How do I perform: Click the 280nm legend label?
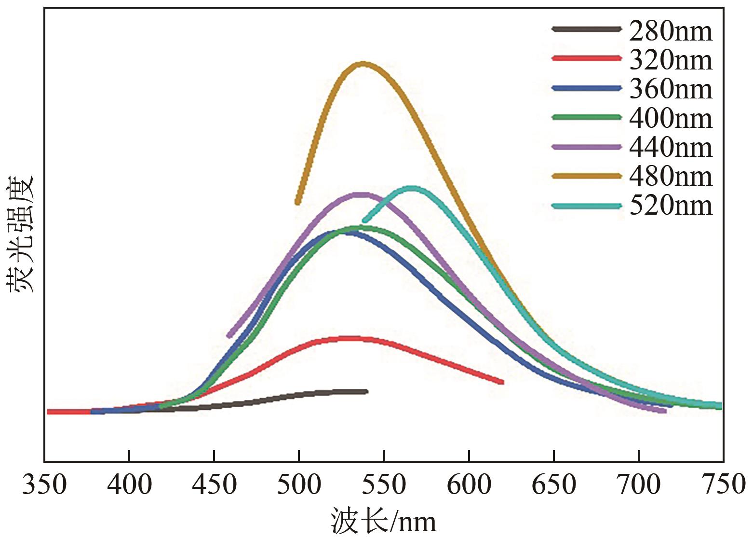click(x=671, y=31)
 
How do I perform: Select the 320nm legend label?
click(x=671, y=60)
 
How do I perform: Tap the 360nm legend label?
click(x=671, y=89)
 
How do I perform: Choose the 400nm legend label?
click(x=671, y=119)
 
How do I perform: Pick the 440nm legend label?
click(x=671, y=148)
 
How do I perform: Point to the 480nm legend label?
click(x=671, y=177)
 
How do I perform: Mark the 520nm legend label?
click(x=671, y=206)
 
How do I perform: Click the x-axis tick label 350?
click(x=45, y=484)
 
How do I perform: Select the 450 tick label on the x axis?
click(x=214, y=484)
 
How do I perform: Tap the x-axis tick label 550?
click(x=384, y=484)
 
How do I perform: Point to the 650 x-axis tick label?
click(x=553, y=484)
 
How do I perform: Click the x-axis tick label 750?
click(x=723, y=484)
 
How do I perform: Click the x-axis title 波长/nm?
click(x=383, y=521)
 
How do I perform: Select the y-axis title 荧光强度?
click(x=20, y=234)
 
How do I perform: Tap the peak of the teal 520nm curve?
click(x=412, y=188)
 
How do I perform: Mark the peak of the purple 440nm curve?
click(x=359, y=194)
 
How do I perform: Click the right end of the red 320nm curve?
click(x=502, y=382)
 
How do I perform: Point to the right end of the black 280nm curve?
click(x=366, y=391)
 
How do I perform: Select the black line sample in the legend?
click(x=586, y=29)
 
